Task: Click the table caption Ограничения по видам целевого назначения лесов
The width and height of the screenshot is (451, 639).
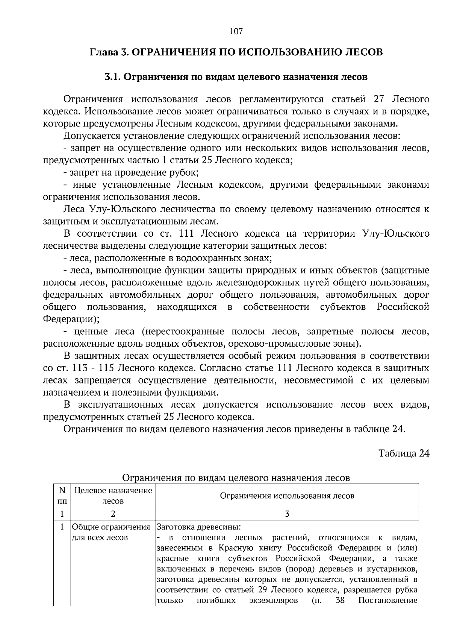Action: pyautogui.click(x=236, y=478)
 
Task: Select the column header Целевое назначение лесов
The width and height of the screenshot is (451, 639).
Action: pyautogui.click(x=113, y=496)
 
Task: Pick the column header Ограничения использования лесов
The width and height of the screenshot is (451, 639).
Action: pyautogui.click(x=287, y=496)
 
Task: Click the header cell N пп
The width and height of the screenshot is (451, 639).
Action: pyautogui.click(x=62, y=496)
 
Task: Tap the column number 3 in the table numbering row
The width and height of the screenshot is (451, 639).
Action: pyautogui.click(x=287, y=514)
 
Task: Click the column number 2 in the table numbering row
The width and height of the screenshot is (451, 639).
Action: pyautogui.click(x=113, y=514)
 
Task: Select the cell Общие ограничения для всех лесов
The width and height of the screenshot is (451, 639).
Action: pyautogui.click(x=111, y=532)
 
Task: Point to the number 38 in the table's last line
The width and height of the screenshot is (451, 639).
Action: pyautogui.click(x=340, y=600)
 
